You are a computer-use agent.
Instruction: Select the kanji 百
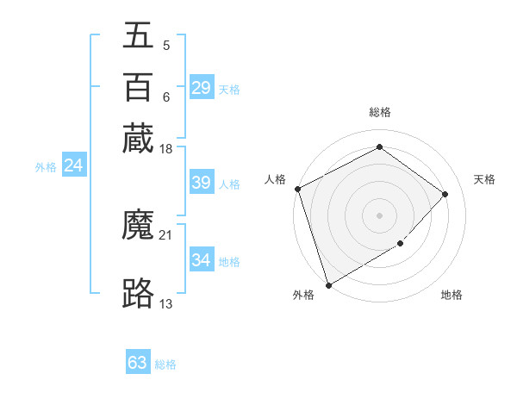click(x=138, y=87)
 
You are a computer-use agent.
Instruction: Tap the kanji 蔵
click(x=138, y=137)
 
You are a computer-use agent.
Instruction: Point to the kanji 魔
click(x=138, y=226)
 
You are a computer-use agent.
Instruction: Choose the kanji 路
click(x=138, y=294)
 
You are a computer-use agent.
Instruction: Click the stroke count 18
click(x=166, y=150)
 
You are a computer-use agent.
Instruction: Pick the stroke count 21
click(x=166, y=234)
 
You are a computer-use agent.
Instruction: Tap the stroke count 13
click(x=166, y=303)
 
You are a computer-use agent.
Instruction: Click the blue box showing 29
click(x=202, y=88)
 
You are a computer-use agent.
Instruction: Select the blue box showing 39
click(x=202, y=183)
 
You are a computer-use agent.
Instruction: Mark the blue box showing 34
click(x=202, y=259)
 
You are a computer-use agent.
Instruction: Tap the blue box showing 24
click(x=73, y=166)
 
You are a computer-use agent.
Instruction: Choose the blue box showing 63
click(x=138, y=363)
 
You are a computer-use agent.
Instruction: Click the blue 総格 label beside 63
click(x=165, y=364)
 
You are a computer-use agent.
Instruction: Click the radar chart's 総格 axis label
click(x=380, y=113)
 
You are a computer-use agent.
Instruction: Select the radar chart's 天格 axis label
click(x=484, y=179)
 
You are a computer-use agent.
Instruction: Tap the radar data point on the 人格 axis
click(x=297, y=189)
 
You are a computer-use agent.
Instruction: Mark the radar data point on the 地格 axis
click(x=401, y=245)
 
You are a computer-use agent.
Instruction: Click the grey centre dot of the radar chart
click(x=379, y=215)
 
